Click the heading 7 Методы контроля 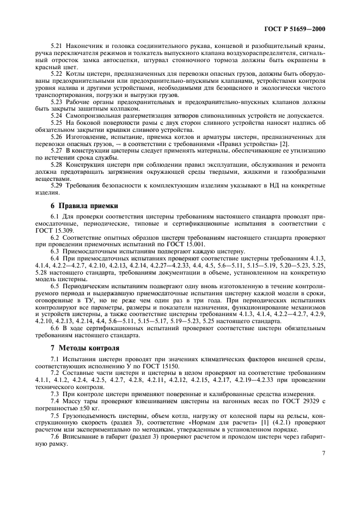pos(69,347)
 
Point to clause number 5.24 pos(57,115)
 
